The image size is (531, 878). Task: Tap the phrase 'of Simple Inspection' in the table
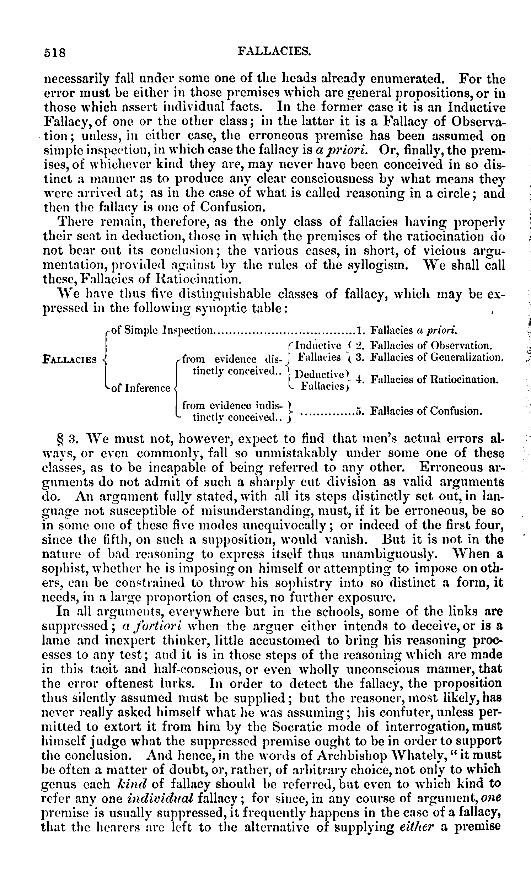(x=162, y=330)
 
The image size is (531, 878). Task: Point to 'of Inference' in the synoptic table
(x=141, y=388)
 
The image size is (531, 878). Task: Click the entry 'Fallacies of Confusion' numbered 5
(x=426, y=411)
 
